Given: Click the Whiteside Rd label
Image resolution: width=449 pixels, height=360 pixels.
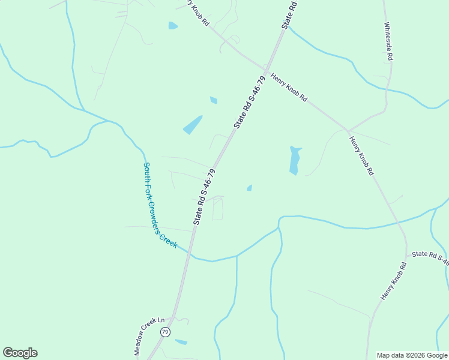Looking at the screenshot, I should pyautogui.click(x=389, y=42).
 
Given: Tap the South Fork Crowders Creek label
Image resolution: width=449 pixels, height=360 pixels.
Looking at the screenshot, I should pyautogui.click(x=160, y=205).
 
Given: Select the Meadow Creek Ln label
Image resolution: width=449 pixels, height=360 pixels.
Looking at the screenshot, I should pyautogui.click(x=145, y=336).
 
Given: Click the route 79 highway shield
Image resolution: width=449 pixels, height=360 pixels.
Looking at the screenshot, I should pyautogui.click(x=164, y=331).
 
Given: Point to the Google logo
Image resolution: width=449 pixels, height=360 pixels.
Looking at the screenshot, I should pyautogui.click(x=20, y=353).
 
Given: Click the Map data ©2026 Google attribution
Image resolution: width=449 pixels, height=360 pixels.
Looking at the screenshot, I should pyautogui.click(x=412, y=355).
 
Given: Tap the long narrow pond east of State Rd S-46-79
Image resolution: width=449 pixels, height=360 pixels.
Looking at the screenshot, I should pyautogui.click(x=294, y=160).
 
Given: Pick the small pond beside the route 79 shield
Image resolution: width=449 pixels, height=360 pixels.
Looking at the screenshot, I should pyautogui.click(x=181, y=342).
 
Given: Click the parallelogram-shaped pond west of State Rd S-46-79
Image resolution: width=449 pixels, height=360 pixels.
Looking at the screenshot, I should pyautogui.click(x=193, y=125).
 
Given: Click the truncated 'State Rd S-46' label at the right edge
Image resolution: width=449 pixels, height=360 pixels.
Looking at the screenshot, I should pyautogui.click(x=430, y=257).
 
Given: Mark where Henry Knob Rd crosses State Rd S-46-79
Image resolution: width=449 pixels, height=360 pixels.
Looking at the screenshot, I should pyautogui.click(x=265, y=68).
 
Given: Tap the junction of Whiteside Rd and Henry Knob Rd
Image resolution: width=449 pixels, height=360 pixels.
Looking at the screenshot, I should pyautogui.click(x=348, y=130).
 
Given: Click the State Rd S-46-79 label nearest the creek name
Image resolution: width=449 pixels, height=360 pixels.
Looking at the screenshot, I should pyautogui.click(x=204, y=197).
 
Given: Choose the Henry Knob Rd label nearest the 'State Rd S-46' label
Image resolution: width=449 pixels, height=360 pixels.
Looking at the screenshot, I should pyautogui.click(x=393, y=281).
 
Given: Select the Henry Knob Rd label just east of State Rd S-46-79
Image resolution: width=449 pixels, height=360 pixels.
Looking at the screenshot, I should pyautogui.click(x=289, y=88).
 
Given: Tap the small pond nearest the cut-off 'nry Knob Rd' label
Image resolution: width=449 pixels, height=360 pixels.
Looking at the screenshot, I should pyautogui.click(x=173, y=25).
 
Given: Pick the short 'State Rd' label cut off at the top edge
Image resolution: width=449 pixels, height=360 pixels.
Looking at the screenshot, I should pyautogui.click(x=290, y=13).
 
